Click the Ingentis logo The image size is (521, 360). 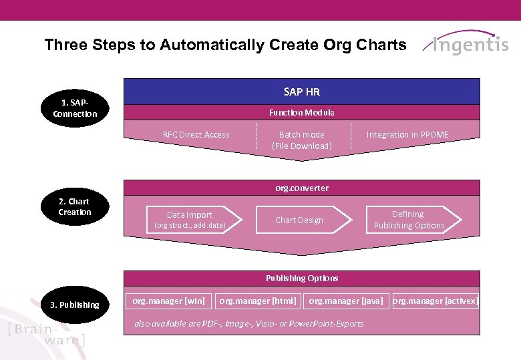pyautogui.click(x=468, y=44)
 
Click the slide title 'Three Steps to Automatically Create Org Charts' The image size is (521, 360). pyautogui.click(x=225, y=45)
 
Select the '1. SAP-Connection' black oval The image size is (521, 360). pyautogui.click(x=75, y=108)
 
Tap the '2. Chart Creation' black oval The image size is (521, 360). pyautogui.click(x=75, y=206)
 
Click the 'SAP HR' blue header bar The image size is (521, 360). pyautogui.click(x=302, y=92)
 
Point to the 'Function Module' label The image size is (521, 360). pyautogui.click(x=302, y=113)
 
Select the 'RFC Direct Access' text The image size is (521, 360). pyautogui.click(x=196, y=135)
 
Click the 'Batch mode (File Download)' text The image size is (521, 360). pyautogui.click(x=302, y=140)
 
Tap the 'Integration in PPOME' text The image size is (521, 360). pyautogui.click(x=407, y=135)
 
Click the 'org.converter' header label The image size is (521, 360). pyautogui.click(x=302, y=188)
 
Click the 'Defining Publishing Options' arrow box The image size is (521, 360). pyautogui.click(x=409, y=220)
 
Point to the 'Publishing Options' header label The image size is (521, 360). pyautogui.click(x=302, y=279)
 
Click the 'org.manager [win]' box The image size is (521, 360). pyautogui.click(x=168, y=301)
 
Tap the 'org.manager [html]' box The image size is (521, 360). pyautogui.click(x=258, y=301)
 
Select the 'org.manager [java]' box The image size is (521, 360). pyautogui.click(x=346, y=301)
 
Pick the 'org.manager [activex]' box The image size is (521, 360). pyautogui.click(x=435, y=301)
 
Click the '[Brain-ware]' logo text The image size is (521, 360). pyautogui.click(x=47, y=334)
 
